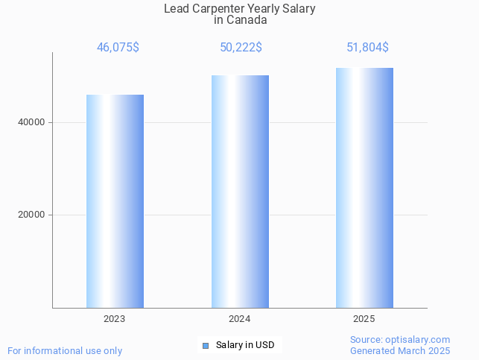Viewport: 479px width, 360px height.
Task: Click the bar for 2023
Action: [x=115, y=201]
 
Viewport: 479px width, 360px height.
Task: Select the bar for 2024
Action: [x=240, y=192]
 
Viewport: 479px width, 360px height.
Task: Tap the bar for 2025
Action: [x=364, y=188]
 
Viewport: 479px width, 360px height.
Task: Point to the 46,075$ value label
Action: [x=118, y=47]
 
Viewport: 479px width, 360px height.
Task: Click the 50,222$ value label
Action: [x=240, y=47]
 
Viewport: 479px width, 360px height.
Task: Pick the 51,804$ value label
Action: [x=367, y=47]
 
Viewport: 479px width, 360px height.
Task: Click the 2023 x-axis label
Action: [x=115, y=319]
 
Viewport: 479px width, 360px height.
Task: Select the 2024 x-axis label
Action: [x=239, y=319]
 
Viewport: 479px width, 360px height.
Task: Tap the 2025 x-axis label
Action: [x=364, y=319]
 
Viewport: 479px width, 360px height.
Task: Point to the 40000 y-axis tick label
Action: [x=31, y=122]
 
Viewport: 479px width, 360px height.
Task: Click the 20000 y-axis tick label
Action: [x=31, y=215]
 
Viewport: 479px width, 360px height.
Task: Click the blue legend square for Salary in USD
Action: [x=206, y=345]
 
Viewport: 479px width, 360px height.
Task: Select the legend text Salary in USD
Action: [x=245, y=345]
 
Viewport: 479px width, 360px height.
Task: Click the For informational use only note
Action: [x=65, y=350]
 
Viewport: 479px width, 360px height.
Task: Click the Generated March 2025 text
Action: [x=400, y=350]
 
